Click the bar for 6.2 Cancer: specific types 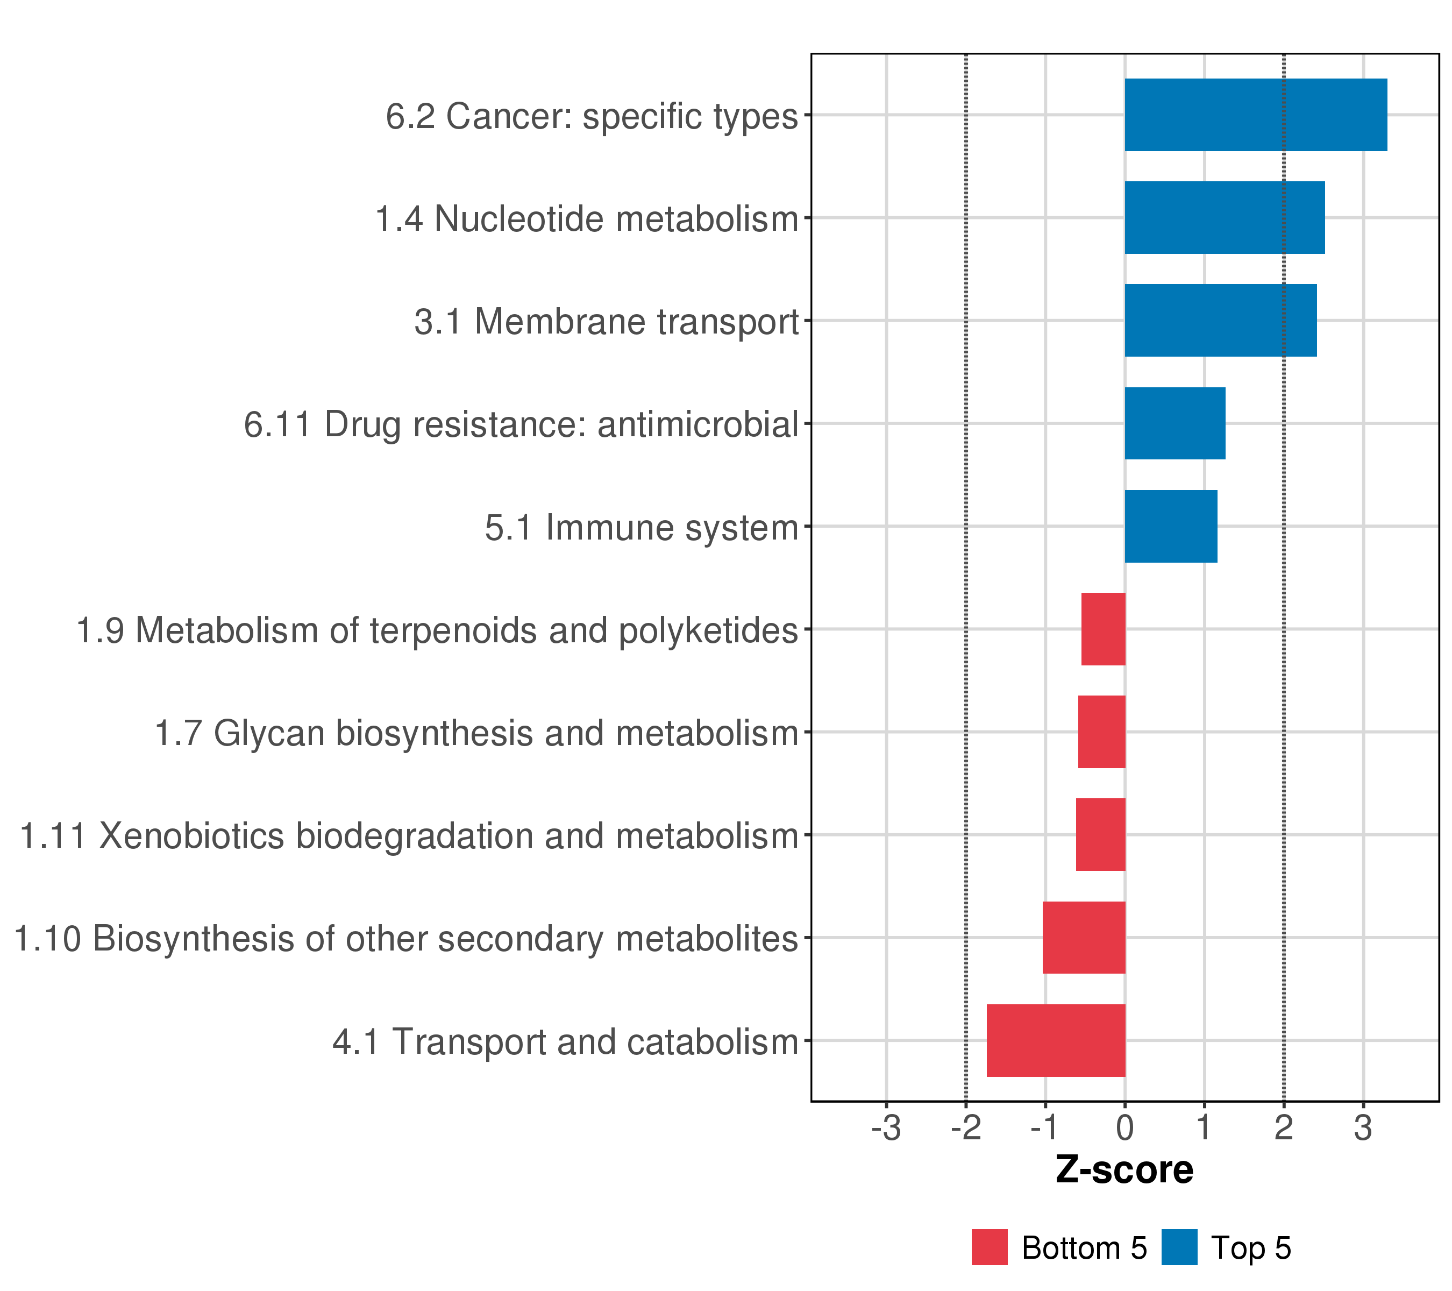1255,115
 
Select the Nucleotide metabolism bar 1224,217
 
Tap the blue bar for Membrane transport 1220,321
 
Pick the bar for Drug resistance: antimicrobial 1175,423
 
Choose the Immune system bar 1171,527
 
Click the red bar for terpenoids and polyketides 1103,629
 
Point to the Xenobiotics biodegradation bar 1100,835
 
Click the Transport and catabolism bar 1056,1040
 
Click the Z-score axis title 1124,1170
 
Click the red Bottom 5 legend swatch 990,1247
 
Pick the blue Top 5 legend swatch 1179,1247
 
